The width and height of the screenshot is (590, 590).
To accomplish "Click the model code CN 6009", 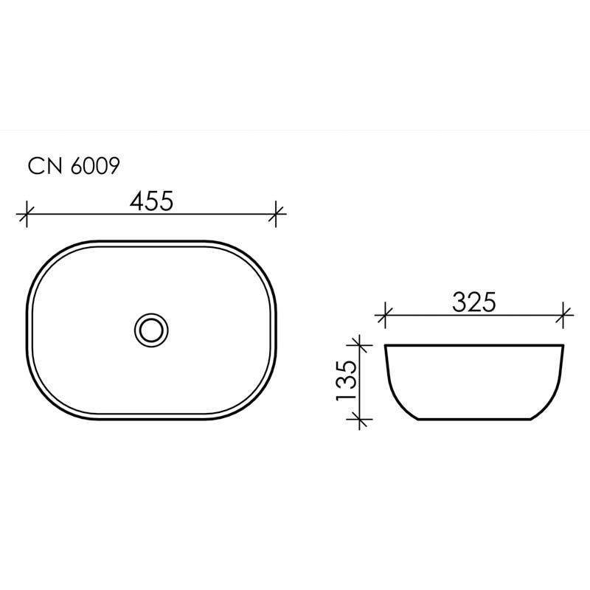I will tap(72, 167).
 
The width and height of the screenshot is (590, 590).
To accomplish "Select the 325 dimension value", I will tap(472, 302).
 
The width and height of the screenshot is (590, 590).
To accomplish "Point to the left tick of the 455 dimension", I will tap(27, 214).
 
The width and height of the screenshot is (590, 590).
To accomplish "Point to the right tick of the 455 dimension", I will tap(277, 214).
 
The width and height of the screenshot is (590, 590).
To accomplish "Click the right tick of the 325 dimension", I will tap(564, 316).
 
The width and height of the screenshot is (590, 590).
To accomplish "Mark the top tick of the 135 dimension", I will tap(359, 344).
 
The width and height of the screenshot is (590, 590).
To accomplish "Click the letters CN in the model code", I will tap(45, 167).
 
